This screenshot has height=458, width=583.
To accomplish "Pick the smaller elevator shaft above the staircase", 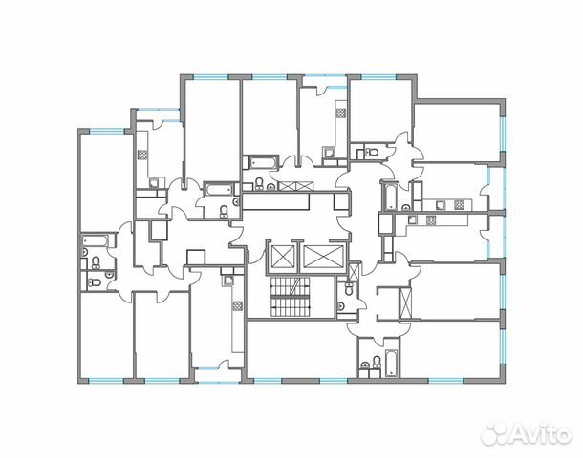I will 285,257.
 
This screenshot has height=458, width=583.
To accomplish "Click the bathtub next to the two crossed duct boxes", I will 259,161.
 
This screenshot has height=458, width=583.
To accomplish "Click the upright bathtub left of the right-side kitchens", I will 389,196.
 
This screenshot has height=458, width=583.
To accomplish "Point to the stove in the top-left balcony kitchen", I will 141,152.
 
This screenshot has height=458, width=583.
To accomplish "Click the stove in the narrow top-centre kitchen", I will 339,114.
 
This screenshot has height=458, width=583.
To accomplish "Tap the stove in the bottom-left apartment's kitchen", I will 235,307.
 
